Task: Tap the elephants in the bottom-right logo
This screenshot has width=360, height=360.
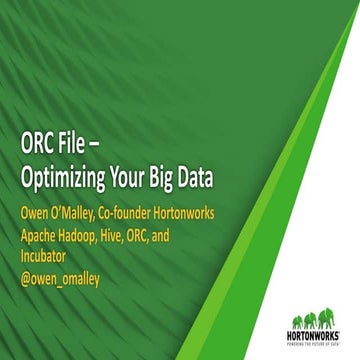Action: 319,312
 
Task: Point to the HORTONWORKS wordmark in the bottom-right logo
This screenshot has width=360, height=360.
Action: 318,331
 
